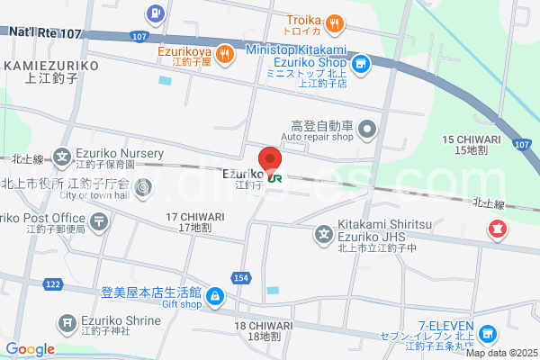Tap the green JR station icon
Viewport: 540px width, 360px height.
(x=275, y=178)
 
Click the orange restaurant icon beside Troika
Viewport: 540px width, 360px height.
(x=334, y=22)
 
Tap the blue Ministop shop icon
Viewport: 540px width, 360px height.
(x=360, y=64)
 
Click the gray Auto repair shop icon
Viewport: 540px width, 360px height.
(x=368, y=131)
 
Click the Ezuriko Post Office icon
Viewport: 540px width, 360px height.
(x=99, y=220)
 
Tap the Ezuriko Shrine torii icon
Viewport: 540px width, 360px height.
(x=67, y=323)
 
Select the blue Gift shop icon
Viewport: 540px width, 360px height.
(x=216, y=295)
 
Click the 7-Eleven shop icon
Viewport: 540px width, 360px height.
(x=487, y=334)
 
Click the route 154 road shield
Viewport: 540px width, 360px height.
(x=243, y=278)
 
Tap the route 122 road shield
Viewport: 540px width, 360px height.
(x=53, y=283)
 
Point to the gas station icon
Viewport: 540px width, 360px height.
(x=157, y=13)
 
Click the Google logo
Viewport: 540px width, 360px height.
(x=31, y=349)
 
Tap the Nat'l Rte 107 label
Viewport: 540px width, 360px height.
(x=45, y=32)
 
